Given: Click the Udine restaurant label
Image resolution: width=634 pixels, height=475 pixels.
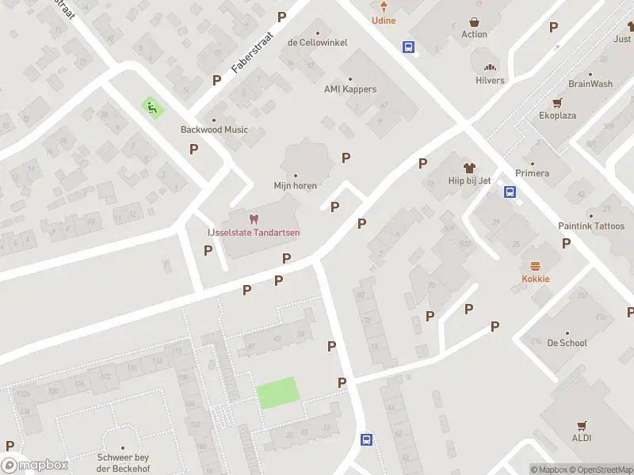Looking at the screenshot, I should tap(384, 20).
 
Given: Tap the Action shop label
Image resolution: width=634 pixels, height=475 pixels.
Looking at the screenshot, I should tap(474, 34).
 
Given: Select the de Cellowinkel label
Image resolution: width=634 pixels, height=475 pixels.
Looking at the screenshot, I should tap(317, 42).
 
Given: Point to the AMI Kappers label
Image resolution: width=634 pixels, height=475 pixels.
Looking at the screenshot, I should tap(350, 89).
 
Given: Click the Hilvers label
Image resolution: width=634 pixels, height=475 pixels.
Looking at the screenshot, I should tap(490, 80).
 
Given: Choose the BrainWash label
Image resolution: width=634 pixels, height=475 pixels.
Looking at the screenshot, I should tap(590, 84).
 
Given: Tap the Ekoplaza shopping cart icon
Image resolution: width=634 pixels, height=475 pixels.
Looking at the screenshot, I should tap(557, 103).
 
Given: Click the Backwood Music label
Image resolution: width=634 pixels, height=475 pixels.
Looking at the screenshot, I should tap(214, 130).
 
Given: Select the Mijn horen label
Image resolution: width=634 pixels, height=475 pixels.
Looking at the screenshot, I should tap(296, 186).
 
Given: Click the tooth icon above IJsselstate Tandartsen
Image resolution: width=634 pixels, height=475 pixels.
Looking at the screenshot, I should tap(254, 218).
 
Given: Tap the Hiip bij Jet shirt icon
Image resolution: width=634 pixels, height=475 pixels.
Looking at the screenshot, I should tap(469, 168).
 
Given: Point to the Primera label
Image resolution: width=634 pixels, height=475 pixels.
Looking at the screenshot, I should tap(532, 173).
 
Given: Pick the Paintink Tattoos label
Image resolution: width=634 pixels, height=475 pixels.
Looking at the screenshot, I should tap(590, 226).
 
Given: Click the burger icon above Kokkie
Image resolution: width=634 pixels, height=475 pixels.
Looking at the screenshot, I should tap(536, 266).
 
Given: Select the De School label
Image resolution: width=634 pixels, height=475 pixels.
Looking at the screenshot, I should tap(567, 343).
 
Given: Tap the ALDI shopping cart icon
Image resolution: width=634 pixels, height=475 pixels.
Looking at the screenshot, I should tap(582, 425).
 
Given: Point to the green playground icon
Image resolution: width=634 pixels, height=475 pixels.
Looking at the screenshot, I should tap(149, 105).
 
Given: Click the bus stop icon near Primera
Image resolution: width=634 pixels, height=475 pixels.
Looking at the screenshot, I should tap(510, 191).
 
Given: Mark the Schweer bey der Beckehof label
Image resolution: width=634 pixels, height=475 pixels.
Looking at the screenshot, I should tap(123, 462).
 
